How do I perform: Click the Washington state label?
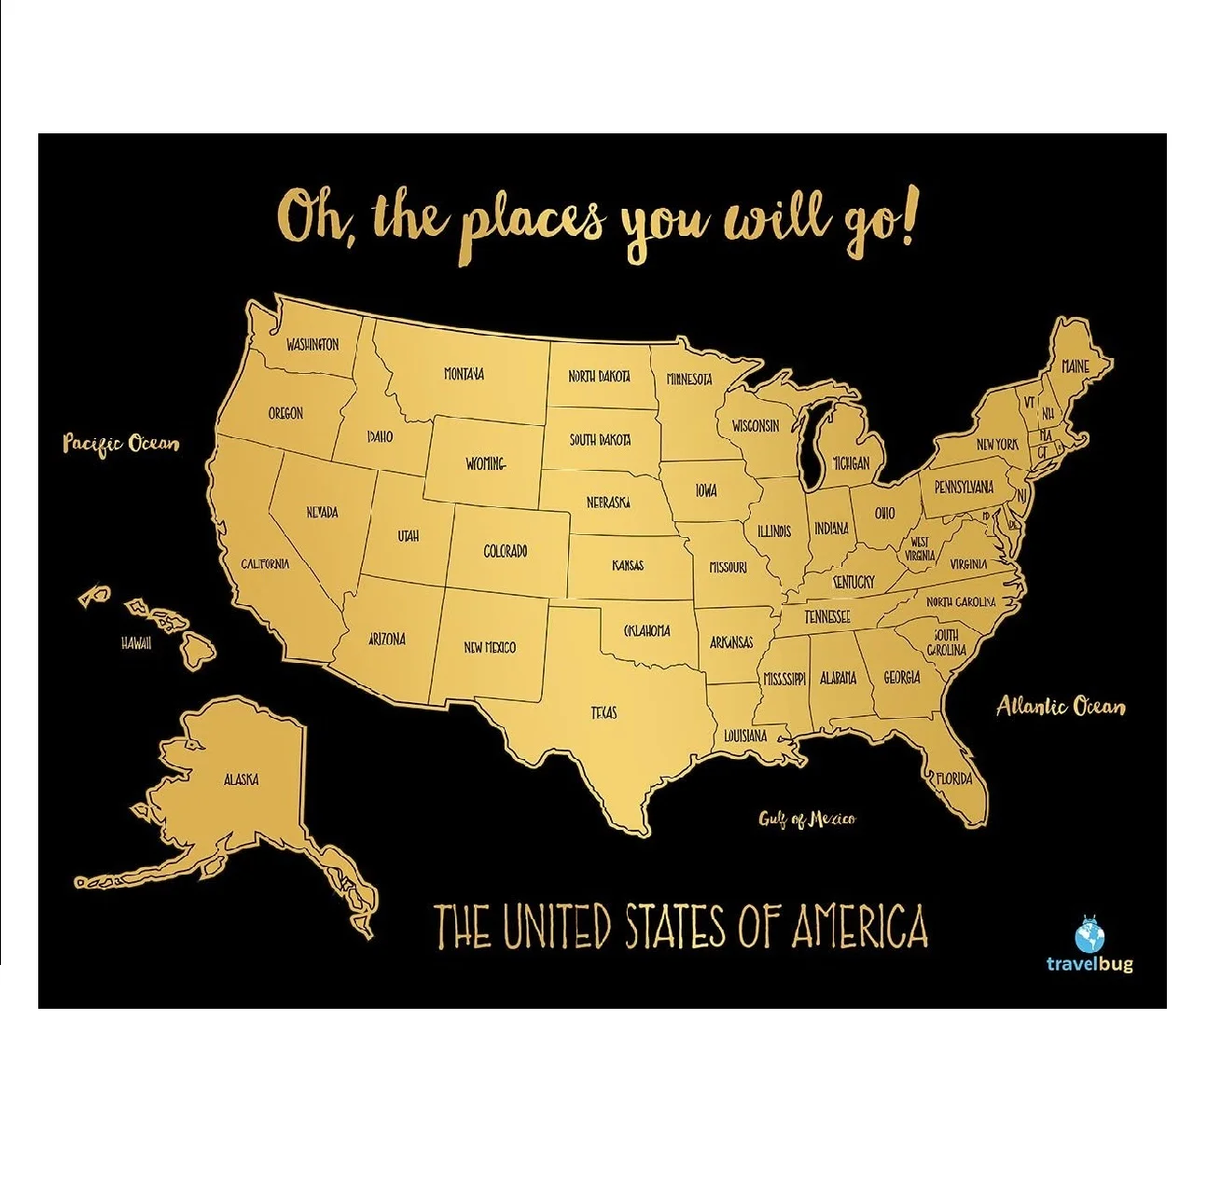coord(312,345)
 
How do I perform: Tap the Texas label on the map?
coord(603,713)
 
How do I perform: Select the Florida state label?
coord(954,779)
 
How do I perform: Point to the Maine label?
coord(1075,366)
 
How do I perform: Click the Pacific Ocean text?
coord(120,443)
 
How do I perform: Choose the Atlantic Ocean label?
coord(1061,707)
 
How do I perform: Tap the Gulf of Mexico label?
coord(807,820)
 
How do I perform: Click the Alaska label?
coord(241,779)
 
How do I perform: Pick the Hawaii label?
coord(136,643)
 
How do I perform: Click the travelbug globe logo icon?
coord(1089,935)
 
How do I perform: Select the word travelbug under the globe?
coord(1089,963)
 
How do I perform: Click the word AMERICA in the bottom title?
coord(859,927)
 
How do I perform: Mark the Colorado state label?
coord(506,552)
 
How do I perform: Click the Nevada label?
coord(323,513)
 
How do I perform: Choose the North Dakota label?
coord(599,377)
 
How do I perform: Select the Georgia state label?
coord(902,678)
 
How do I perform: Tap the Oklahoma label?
coord(646,631)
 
